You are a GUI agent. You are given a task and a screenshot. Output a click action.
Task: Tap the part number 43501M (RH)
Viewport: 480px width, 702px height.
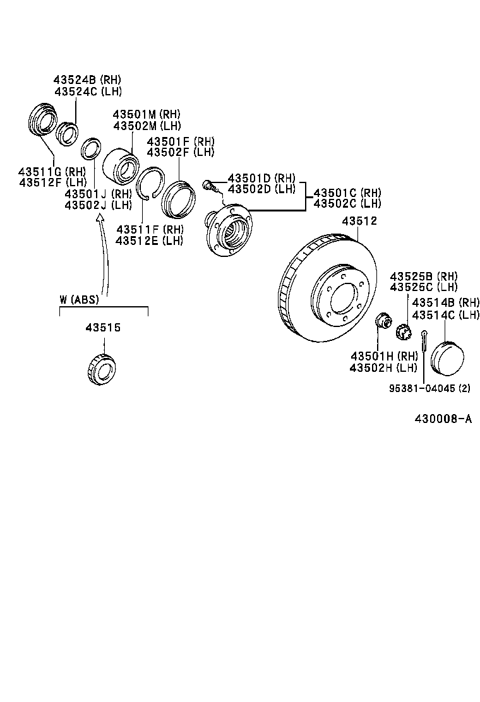coord(147,114)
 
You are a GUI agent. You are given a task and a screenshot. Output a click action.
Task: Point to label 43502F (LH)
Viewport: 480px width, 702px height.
coord(181,152)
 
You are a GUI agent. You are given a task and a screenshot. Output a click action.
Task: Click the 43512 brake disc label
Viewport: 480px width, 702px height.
coord(359,221)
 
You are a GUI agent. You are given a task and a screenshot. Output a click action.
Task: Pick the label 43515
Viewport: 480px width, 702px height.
coord(103,328)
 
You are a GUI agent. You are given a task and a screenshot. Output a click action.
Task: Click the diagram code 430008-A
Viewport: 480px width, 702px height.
coord(442,419)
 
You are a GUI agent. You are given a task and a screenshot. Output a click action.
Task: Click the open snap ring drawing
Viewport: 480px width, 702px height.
coord(152,183)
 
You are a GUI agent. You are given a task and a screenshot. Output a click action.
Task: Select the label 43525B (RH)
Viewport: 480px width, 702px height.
coord(423,277)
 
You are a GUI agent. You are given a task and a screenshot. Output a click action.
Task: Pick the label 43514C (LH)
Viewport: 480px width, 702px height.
coord(445,314)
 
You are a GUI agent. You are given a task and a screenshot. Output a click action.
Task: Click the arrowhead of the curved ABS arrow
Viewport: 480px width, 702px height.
coord(99,217)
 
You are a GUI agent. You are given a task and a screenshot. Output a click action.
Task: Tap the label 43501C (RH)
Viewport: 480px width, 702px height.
coord(347,193)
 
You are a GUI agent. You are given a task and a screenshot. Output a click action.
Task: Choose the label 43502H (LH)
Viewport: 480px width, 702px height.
coord(384,367)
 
